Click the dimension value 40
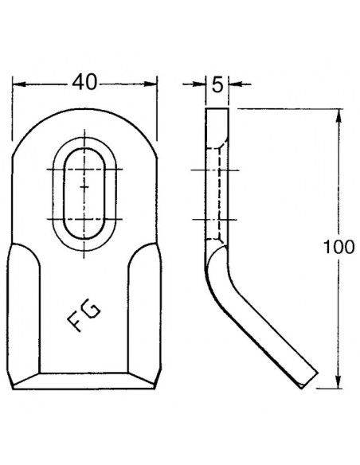point(84,81)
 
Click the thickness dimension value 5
point(217,81)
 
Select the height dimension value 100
point(341,248)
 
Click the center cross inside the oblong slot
point(84,185)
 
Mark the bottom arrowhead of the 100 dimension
point(340,385)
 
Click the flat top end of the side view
point(217,108)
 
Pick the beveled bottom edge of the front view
point(84,380)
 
